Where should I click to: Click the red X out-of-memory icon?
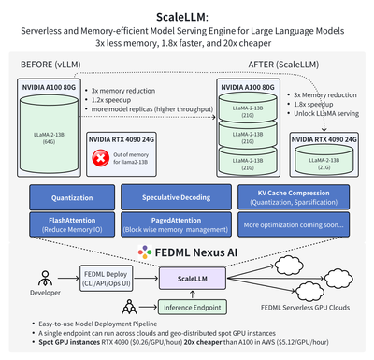97,159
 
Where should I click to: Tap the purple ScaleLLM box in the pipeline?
188,278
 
